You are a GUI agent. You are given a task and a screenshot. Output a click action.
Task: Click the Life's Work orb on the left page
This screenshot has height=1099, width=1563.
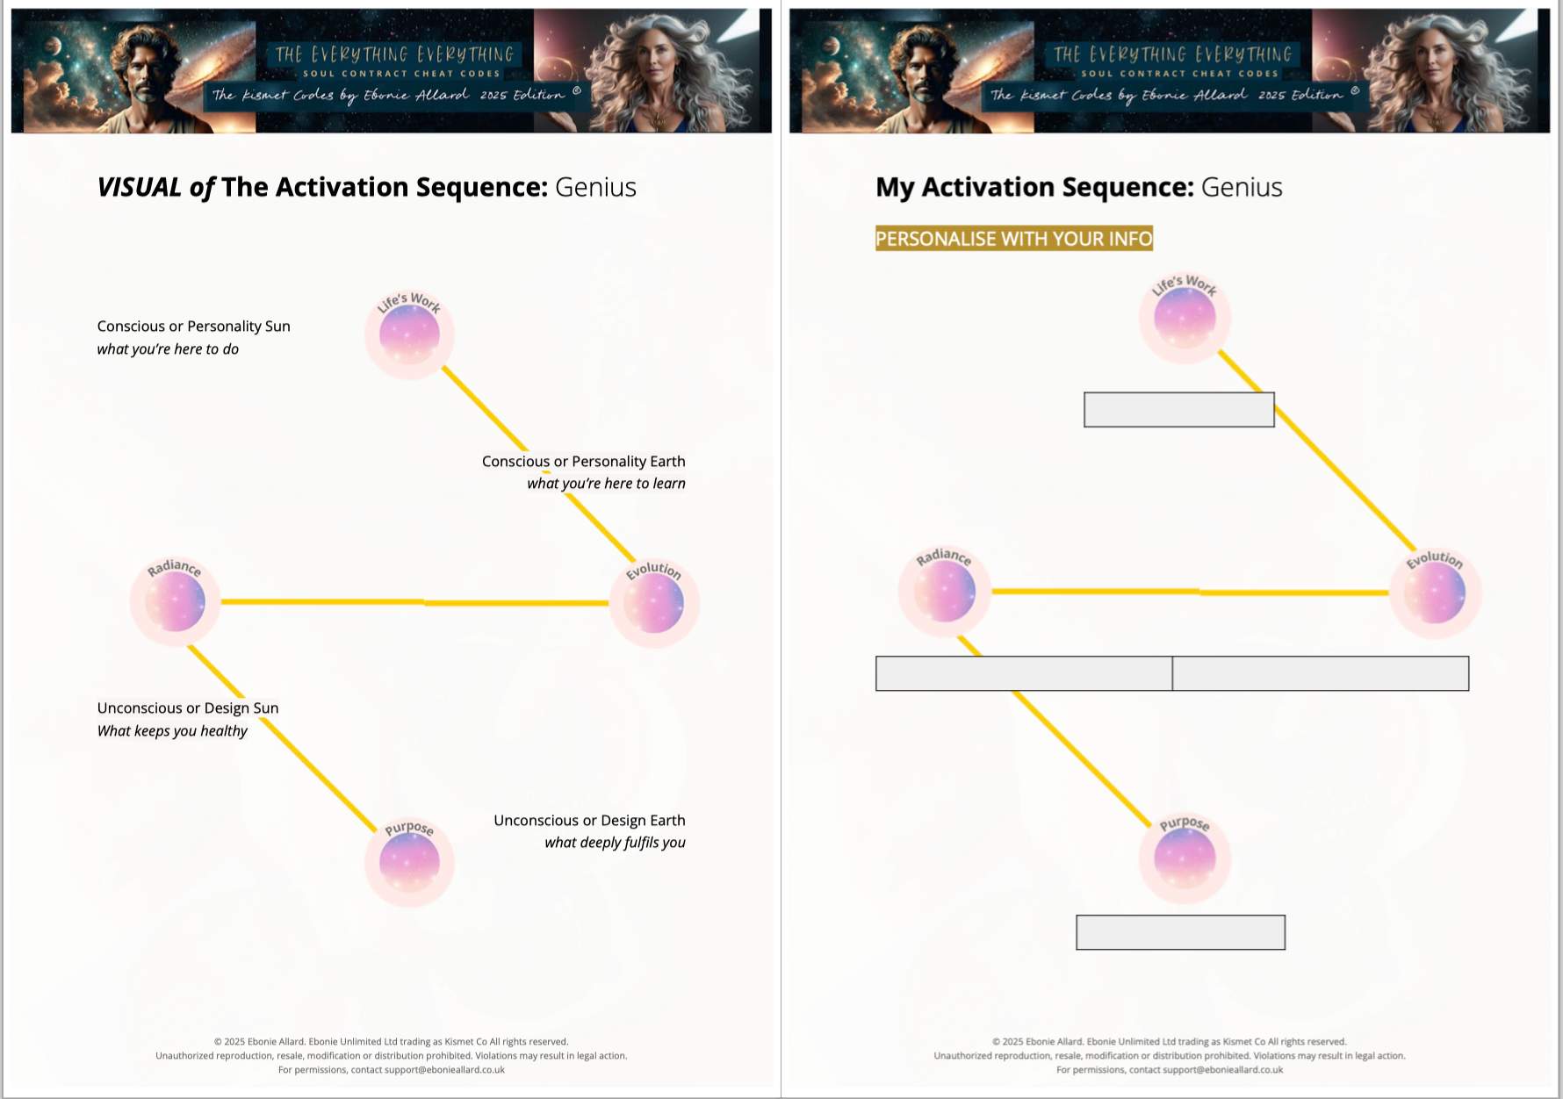(x=409, y=334)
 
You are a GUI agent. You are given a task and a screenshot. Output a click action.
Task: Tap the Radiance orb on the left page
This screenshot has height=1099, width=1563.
(x=175, y=602)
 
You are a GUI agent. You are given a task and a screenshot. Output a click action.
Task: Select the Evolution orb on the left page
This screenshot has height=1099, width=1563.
(x=653, y=603)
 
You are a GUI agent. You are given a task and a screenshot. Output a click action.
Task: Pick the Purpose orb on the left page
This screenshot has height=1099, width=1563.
(x=409, y=862)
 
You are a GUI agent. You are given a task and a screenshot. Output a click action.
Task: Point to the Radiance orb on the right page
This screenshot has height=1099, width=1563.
(x=944, y=592)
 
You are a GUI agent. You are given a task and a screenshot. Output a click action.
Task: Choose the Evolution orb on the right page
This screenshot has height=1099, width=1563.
(x=1435, y=593)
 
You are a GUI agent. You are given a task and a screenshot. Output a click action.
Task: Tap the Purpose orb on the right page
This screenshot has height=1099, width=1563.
(x=1185, y=858)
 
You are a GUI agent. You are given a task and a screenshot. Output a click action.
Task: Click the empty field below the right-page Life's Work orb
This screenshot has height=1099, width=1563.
(x=1178, y=410)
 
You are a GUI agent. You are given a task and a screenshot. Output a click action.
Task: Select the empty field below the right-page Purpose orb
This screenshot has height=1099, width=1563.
(x=1180, y=932)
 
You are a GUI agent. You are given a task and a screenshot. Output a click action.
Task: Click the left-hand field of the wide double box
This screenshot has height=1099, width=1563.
(x=1024, y=673)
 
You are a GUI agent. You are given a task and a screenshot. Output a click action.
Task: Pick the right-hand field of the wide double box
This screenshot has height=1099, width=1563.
(x=1320, y=673)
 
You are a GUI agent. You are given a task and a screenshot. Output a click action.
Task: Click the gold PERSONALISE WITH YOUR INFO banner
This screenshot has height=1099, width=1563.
(x=1013, y=239)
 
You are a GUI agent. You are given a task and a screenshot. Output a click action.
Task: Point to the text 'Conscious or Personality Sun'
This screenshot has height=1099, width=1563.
(x=193, y=327)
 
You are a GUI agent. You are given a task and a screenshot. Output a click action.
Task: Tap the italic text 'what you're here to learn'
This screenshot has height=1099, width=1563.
(x=606, y=484)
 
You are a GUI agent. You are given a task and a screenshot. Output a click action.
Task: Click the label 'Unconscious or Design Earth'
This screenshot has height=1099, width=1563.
(x=589, y=821)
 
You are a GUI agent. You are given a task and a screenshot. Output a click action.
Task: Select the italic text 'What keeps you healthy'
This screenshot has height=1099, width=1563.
(x=172, y=731)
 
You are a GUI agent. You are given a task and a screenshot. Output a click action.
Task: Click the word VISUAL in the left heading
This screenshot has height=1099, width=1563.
(x=139, y=187)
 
